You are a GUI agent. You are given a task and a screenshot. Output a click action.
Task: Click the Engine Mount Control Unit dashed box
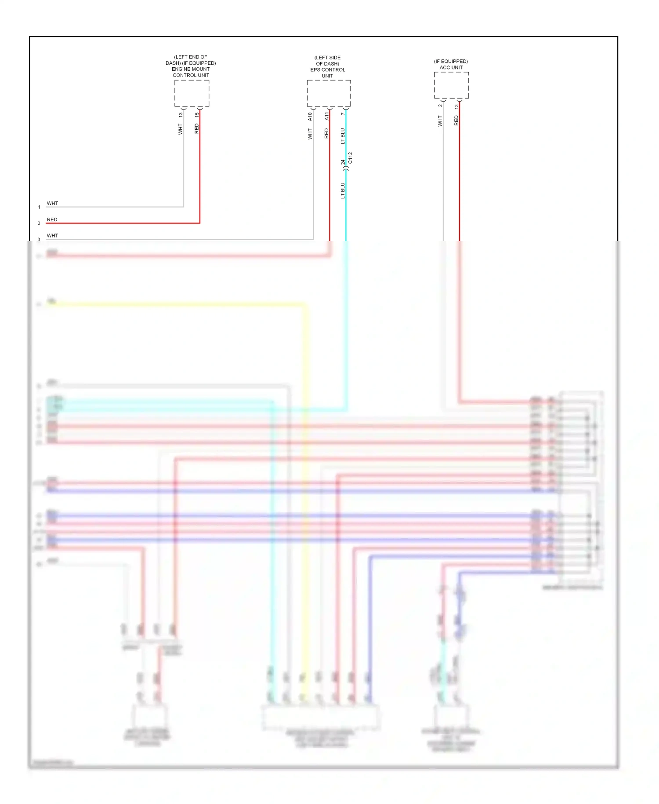(192, 93)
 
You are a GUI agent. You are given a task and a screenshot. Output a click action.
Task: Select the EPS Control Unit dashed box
(329, 93)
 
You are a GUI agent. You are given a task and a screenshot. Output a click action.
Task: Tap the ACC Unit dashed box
(451, 85)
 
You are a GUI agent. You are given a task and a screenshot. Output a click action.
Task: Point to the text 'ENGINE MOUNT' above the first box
(191, 69)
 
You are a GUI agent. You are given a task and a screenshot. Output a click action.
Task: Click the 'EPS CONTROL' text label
(328, 69)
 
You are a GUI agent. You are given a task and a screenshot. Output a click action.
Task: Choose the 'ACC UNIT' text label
(451, 67)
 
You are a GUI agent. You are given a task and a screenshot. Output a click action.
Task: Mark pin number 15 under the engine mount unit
(197, 115)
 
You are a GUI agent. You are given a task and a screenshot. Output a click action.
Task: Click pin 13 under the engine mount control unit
(181, 115)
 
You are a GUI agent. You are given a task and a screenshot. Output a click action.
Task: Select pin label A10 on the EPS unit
(310, 117)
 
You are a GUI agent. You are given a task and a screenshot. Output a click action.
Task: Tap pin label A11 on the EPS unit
(326, 116)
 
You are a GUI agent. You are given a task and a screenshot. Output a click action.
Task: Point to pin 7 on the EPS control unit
(343, 114)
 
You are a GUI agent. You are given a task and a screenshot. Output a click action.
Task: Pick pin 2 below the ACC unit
(440, 106)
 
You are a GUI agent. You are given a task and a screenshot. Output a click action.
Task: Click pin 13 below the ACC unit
(456, 106)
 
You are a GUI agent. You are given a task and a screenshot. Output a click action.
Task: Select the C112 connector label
(350, 158)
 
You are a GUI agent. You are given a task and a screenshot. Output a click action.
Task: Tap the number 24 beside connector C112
(343, 162)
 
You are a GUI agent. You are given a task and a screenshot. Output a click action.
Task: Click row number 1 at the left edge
(39, 207)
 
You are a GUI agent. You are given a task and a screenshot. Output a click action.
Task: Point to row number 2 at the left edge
(39, 223)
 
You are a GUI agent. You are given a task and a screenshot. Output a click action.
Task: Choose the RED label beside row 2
(52, 219)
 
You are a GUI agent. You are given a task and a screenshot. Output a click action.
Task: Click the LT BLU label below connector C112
(343, 190)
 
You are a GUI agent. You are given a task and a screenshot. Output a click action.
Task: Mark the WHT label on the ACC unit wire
(440, 121)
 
